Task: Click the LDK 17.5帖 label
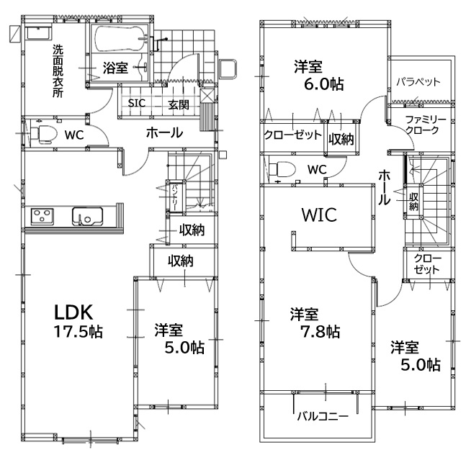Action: coord(79,321)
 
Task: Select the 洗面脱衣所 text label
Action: coord(58,71)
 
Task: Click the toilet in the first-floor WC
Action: coord(44,135)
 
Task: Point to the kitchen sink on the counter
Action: coord(87,216)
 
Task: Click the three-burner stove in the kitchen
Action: coord(42,217)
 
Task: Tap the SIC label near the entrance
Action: coord(137,103)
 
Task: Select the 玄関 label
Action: coord(179,104)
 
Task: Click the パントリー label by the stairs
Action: coord(174,197)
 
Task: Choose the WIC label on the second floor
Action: coord(320,215)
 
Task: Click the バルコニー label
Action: coord(323,416)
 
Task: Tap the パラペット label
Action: coord(418,81)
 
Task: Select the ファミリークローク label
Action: coord(426,125)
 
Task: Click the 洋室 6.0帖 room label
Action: coord(318,76)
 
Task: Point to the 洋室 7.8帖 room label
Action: coord(315,323)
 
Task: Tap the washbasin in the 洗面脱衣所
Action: coord(38,33)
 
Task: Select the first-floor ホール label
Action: coord(164,132)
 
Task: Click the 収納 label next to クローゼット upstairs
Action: coord(341,139)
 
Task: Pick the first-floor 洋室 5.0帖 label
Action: coord(179,339)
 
